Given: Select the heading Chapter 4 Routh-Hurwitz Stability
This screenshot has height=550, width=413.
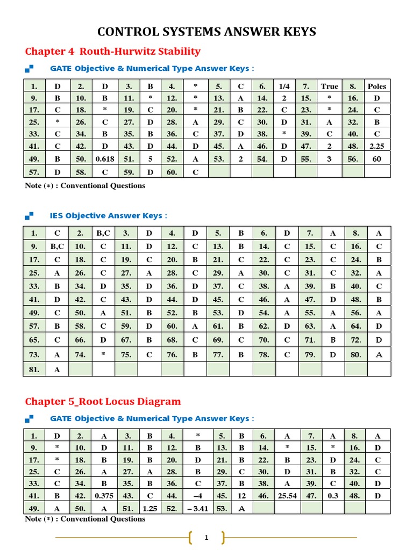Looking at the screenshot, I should [x=113, y=52].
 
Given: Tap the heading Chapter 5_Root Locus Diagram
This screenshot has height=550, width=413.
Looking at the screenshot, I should [x=103, y=401].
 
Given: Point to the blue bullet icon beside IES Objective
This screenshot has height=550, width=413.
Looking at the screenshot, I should [x=30, y=215].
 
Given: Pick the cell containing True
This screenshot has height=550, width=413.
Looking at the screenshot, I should [x=330, y=86].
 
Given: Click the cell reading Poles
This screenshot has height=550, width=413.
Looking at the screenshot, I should [x=377, y=86].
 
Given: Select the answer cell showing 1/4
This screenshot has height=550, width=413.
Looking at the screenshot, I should [x=284, y=86].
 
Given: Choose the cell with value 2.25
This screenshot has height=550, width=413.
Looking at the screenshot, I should [x=377, y=146].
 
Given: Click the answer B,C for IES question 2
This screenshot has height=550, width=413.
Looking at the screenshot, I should [x=103, y=233].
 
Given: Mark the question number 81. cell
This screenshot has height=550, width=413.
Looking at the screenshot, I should [x=34, y=370].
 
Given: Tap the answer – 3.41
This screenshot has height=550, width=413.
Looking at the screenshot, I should [x=195, y=508].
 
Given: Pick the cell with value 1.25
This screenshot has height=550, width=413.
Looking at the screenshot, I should [x=150, y=508].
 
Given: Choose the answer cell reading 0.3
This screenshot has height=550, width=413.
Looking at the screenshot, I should [x=333, y=496].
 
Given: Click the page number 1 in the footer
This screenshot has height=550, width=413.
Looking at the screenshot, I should [x=206, y=537].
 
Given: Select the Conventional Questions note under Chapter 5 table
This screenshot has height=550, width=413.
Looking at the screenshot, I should [x=85, y=519].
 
